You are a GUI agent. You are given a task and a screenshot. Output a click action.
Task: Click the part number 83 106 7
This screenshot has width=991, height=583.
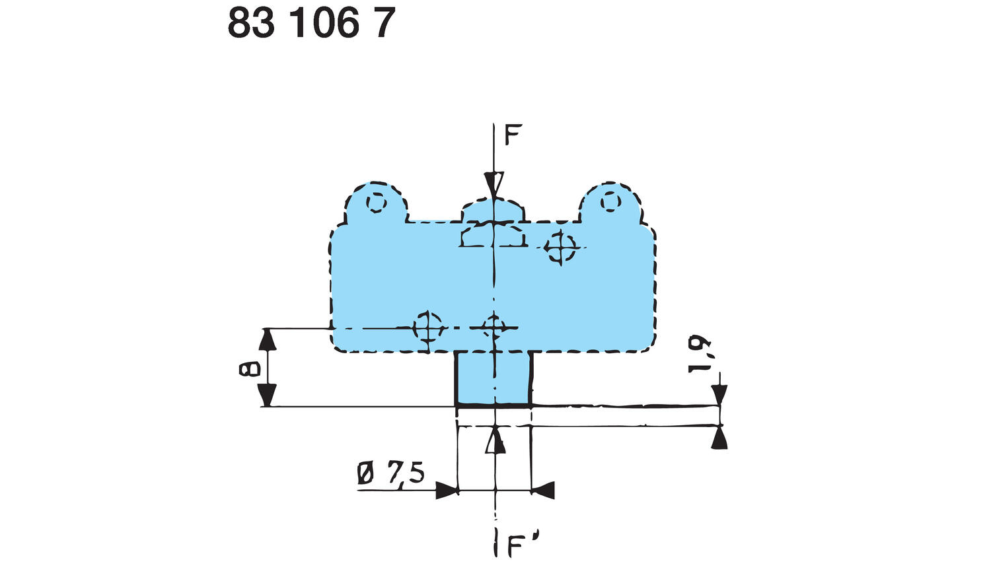coord(311,24)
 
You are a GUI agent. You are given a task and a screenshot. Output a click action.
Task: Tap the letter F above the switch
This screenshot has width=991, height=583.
coord(513,135)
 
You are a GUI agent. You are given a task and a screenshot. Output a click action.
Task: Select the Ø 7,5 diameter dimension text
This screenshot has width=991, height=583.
coord(390,473)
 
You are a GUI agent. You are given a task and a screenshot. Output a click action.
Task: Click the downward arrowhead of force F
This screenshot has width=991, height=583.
coord(494,184)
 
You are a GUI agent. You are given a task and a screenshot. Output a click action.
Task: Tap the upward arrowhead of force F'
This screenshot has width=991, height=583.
coord(495,442)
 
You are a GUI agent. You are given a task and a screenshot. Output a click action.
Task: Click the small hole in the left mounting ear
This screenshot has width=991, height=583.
coord(376,202)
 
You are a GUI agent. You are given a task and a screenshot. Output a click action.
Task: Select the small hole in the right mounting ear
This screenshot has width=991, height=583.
coord(610,200)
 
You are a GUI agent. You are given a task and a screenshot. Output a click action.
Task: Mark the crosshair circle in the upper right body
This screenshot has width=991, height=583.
coord(561,248)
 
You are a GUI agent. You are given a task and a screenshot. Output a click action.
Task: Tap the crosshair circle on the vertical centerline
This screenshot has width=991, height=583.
coord(493,327)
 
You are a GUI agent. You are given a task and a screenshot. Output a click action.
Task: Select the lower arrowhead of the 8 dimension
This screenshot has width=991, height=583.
coord(266,395)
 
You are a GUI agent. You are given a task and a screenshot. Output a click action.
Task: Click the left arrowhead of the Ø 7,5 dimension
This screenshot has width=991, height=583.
coord(447,491)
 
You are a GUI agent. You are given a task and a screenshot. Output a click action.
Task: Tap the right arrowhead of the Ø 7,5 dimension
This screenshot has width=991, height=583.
coord(542,491)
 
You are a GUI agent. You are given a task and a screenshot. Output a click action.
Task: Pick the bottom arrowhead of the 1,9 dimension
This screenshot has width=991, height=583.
coord(719,438)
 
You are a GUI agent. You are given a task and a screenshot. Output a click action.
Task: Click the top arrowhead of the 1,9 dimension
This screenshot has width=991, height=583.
coord(719,395)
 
